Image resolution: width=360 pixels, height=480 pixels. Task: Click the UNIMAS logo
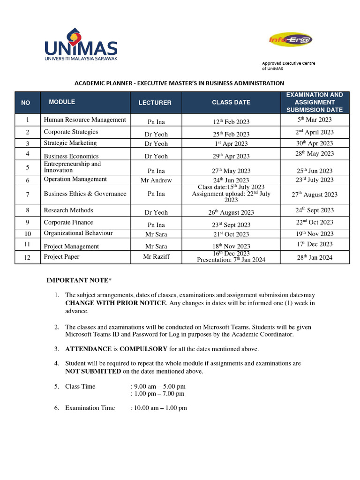81,45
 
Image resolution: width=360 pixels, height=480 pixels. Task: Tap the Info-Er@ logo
291,40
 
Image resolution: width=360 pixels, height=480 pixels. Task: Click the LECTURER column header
155,103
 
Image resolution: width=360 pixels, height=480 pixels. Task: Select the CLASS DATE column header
231,102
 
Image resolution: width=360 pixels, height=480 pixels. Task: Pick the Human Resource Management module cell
85,120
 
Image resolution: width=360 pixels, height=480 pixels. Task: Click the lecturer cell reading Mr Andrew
156,180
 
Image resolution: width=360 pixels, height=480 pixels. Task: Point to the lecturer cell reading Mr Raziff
156,256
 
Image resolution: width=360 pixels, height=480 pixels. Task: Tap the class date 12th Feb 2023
231,121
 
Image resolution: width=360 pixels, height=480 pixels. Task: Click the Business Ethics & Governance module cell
85,194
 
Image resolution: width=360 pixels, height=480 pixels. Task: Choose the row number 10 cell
28,233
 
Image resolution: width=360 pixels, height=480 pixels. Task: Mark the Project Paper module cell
62,256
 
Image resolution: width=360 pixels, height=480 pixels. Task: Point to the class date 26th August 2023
231,212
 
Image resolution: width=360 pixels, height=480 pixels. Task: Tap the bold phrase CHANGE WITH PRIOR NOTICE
115,303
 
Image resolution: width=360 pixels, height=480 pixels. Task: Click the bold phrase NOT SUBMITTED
93,371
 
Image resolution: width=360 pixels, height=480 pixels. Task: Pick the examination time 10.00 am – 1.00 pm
160,408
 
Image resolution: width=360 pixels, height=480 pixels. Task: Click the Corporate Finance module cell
68,222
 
